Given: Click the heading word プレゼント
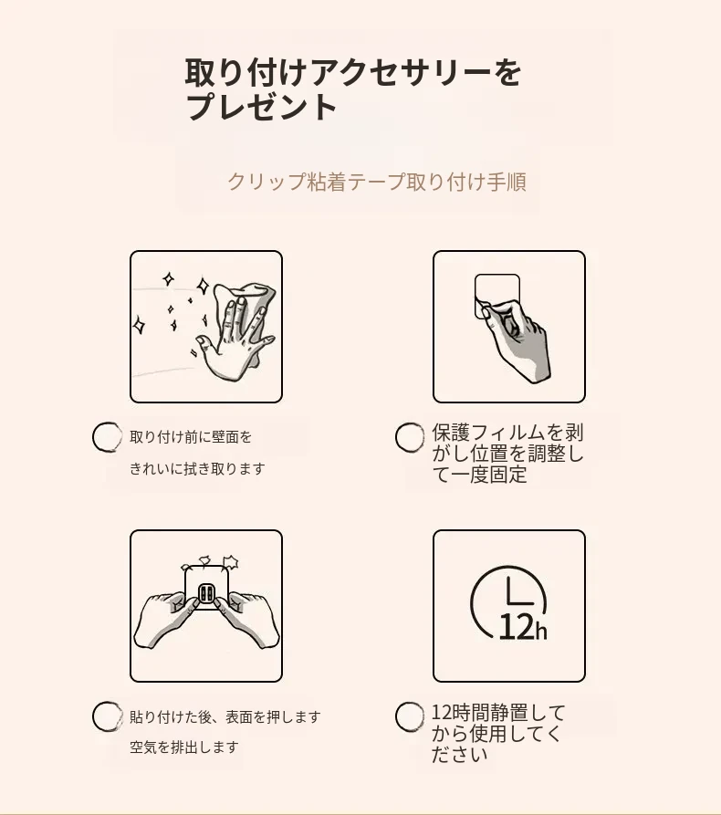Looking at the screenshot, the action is point(261,107).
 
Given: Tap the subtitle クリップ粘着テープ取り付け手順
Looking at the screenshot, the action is point(377,182).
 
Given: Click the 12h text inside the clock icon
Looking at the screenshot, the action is point(522,626).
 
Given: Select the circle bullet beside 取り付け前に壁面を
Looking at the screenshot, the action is point(107,437).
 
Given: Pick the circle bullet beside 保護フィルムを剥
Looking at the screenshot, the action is point(410,437).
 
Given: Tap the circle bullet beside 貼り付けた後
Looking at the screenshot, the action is point(107,716).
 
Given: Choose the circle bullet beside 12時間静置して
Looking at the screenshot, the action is point(410,716).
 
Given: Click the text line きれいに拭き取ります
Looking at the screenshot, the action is point(197,469).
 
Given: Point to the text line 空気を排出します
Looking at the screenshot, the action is point(184,747).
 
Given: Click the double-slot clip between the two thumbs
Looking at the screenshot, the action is point(206,593).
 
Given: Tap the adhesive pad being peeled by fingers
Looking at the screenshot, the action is point(497,295).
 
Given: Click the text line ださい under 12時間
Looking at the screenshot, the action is point(460,755).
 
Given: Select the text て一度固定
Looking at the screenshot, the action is point(479,475).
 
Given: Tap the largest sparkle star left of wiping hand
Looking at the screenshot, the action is point(203,287).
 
